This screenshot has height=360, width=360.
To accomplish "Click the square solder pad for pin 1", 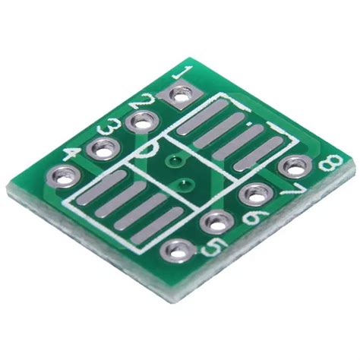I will click(181, 96).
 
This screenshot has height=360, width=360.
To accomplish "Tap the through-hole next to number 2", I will click(141, 122).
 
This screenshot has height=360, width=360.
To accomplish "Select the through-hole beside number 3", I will click(101, 150).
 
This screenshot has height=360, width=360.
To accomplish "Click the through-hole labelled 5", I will click(178, 249).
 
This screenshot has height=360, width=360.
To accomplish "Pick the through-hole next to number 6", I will click(217, 223).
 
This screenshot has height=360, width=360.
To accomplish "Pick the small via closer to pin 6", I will click(183, 182).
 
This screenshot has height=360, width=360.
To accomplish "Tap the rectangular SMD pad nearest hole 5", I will click(157, 226).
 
